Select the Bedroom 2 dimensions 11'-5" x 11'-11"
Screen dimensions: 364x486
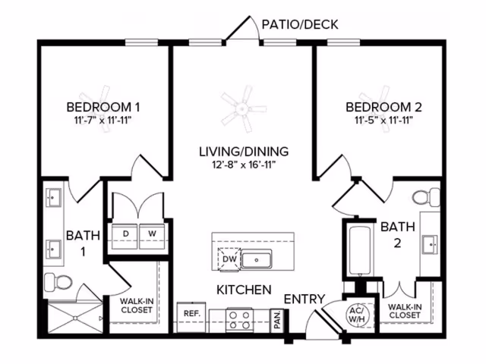(383, 120)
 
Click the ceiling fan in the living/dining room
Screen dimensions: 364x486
(243, 108)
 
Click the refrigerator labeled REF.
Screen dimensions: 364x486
(189, 313)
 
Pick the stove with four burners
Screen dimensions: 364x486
(240, 317)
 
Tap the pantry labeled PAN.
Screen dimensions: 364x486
(276, 319)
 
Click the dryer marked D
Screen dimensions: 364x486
(126, 233)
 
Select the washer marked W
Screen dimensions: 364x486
(151, 233)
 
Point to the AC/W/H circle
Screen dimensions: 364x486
(357, 314)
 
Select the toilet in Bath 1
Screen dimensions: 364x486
(58, 283)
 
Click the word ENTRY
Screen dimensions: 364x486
(305, 298)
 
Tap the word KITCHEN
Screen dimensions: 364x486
(244, 290)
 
